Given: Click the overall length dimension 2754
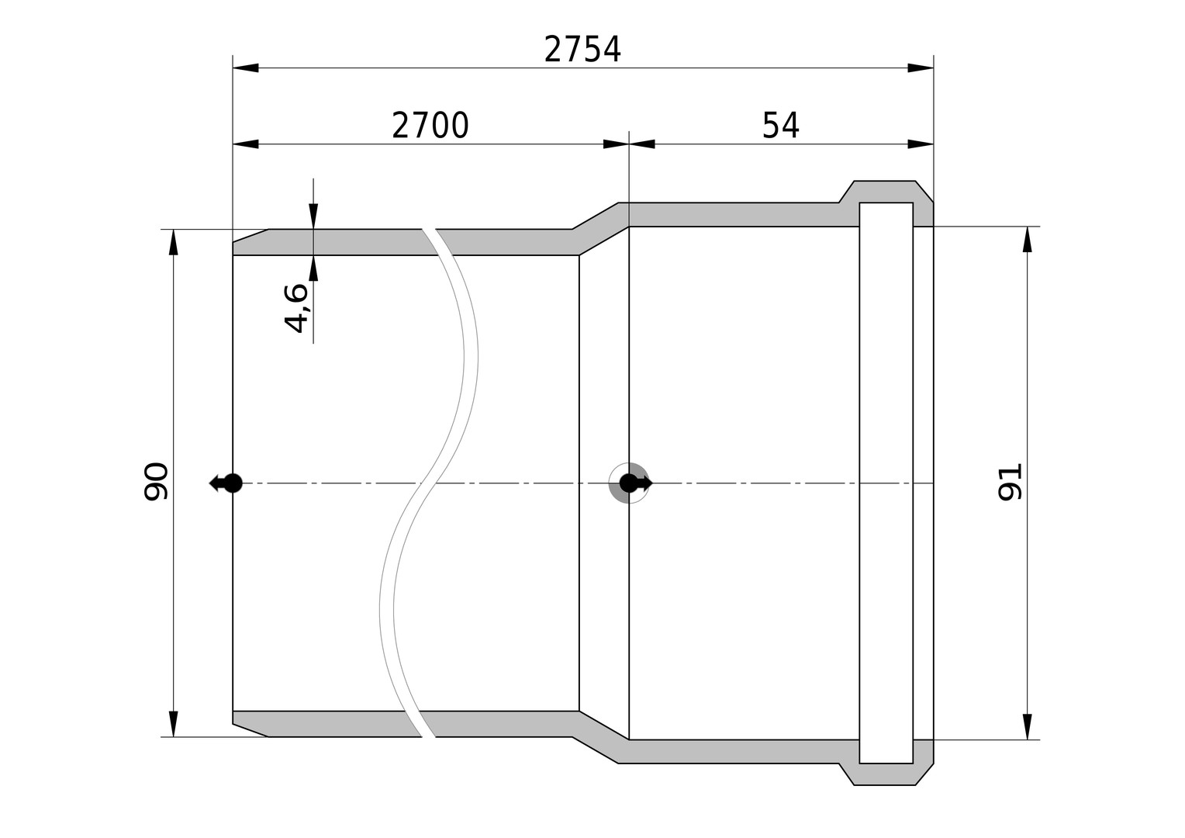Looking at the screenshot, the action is [x=582, y=49].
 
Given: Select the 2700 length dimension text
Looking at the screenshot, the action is [x=430, y=126].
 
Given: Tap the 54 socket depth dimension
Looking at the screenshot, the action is [x=780, y=126].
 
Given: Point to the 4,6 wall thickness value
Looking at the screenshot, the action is [x=295, y=307].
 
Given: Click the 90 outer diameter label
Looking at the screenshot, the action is [x=156, y=481].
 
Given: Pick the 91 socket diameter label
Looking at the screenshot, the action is [x=1010, y=482].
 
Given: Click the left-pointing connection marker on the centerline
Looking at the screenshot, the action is [x=226, y=483].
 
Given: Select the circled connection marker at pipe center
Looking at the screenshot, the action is [x=630, y=483].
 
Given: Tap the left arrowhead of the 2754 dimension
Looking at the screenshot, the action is [x=246, y=68].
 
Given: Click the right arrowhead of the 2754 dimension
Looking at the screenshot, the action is [x=921, y=68].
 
